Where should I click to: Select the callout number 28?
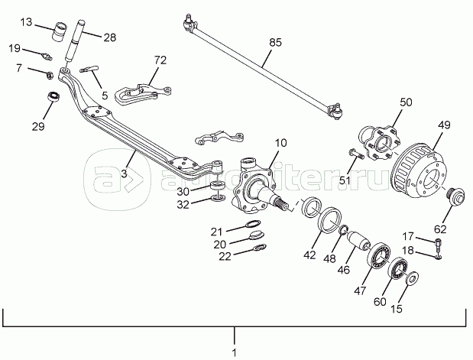click(x=110, y=37)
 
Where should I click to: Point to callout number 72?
click(x=159, y=59)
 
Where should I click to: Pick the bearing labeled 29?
click(x=53, y=98)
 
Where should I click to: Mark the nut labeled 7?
click(x=47, y=75)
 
